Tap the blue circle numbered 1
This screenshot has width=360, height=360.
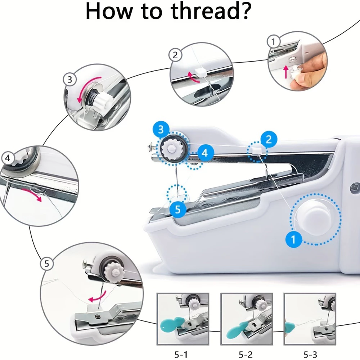(x=293, y=239)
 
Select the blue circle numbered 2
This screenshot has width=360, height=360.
(x=269, y=139)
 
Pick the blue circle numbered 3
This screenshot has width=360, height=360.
(x=161, y=129)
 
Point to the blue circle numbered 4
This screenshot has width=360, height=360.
(x=205, y=152)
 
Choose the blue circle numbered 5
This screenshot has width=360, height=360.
(x=178, y=209)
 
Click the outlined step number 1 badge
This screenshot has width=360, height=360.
(x=273, y=42)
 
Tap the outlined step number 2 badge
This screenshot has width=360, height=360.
(x=175, y=55)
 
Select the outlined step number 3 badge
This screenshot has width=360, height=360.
(x=69, y=80)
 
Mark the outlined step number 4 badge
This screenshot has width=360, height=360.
(x=8, y=158)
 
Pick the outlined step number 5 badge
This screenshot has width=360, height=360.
(x=46, y=264)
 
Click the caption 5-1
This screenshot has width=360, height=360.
(x=181, y=355)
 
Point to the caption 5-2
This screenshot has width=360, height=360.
(x=246, y=355)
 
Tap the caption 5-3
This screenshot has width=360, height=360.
(x=310, y=355)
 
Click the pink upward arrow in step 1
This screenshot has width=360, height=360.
(x=285, y=72)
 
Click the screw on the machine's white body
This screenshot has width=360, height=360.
(x=354, y=188)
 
